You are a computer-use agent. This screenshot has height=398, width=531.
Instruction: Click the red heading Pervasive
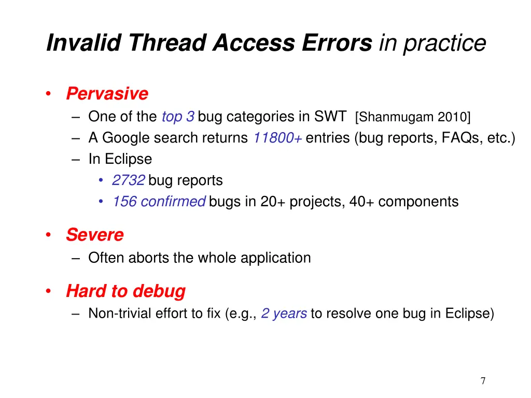click(107, 94)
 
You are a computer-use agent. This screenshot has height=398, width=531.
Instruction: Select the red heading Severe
click(94, 235)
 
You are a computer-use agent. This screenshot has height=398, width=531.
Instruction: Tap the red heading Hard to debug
click(125, 291)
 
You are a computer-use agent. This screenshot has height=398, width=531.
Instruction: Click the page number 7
click(483, 381)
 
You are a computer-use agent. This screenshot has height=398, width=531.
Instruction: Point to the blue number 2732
click(128, 180)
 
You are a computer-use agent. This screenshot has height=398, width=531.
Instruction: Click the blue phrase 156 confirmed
click(159, 202)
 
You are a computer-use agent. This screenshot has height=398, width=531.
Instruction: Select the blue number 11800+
click(278, 138)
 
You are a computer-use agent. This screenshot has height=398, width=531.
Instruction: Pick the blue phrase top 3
click(178, 117)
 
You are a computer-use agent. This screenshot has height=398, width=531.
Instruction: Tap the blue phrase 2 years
click(284, 314)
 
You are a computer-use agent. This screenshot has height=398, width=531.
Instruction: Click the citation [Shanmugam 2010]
click(413, 118)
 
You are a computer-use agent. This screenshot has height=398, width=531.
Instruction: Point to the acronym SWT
click(330, 117)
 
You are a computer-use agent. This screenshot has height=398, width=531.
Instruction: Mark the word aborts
click(149, 258)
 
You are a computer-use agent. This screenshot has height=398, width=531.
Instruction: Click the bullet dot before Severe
click(48, 235)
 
